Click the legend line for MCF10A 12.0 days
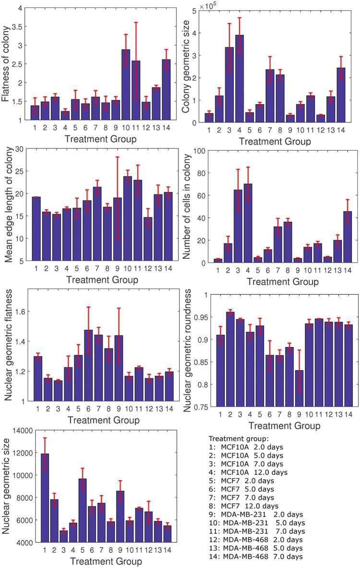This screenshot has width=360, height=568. tap(254, 472)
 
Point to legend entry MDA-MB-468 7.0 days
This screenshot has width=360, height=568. tap(259, 556)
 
